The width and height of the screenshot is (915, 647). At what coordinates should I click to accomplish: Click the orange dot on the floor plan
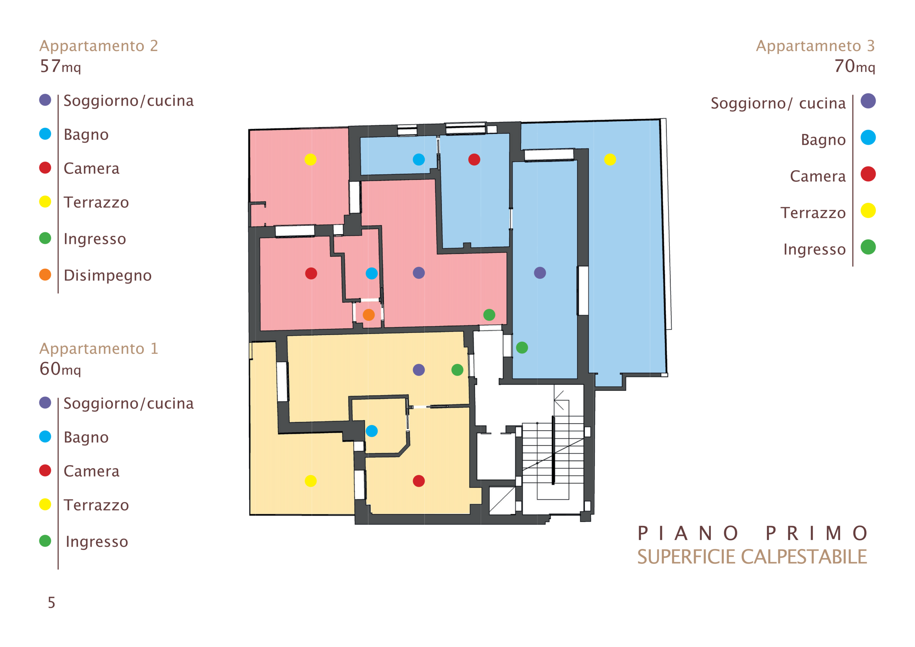(x=369, y=315)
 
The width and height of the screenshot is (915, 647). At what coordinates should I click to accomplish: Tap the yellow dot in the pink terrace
(x=311, y=159)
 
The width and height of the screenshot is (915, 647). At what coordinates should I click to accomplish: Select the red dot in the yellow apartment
(x=419, y=481)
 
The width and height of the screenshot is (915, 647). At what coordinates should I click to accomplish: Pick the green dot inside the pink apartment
(x=489, y=315)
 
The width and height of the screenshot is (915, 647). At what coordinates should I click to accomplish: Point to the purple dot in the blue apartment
(x=540, y=273)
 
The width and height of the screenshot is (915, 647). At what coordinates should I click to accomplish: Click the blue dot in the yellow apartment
(x=371, y=431)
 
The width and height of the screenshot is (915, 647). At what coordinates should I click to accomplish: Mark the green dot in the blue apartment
(x=522, y=347)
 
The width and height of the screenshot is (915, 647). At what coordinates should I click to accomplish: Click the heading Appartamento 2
(x=98, y=46)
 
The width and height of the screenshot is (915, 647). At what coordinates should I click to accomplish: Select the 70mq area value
(x=855, y=66)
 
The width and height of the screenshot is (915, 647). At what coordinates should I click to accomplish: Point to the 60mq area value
(x=60, y=369)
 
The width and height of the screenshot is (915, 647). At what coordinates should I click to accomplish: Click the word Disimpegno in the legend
(x=108, y=276)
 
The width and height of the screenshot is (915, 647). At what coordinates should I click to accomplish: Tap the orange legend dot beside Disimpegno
(x=45, y=275)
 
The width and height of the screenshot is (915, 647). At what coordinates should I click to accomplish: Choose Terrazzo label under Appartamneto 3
(x=813, y=213)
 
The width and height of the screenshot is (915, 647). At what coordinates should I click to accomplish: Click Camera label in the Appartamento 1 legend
(x=91, y=471)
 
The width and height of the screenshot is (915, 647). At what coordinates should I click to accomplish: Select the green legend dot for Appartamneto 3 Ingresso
(x=868, y=247)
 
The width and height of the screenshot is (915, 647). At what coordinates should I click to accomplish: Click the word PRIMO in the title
(x=817, y=533)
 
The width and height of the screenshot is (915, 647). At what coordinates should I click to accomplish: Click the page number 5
(x=51, y=602)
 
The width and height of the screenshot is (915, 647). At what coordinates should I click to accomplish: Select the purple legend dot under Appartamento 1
(x=45, y=402)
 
